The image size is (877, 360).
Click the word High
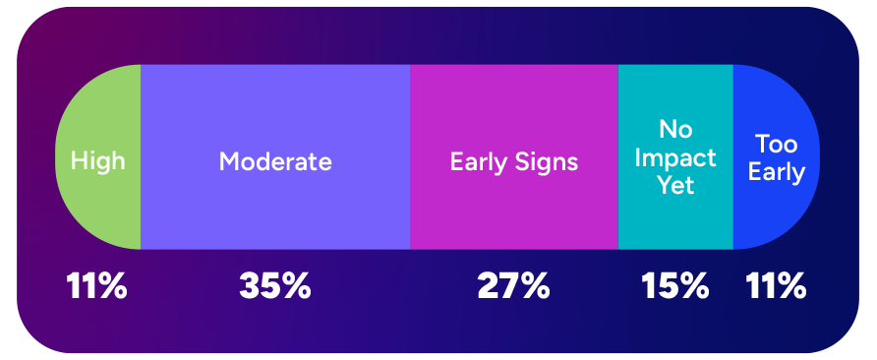coord(98,160)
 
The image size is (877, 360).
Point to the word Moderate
coord(275,161)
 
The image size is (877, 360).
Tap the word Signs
coord(550,161)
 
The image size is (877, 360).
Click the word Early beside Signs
coord(477,161)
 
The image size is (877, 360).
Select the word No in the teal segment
coord(676,130)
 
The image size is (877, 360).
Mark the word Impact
coord(675,157)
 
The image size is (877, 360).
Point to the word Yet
coord(675,185)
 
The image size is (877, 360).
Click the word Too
coord(777,145)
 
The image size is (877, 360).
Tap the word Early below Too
coord(777,173)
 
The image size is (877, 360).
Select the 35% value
coord(275,286)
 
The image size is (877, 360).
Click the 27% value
coord(513,286)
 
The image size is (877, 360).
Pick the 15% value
coord(675,286)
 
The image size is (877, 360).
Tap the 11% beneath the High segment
coord(96,286)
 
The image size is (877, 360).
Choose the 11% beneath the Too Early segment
coord(777,286)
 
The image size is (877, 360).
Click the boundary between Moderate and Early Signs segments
coord(410,157)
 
